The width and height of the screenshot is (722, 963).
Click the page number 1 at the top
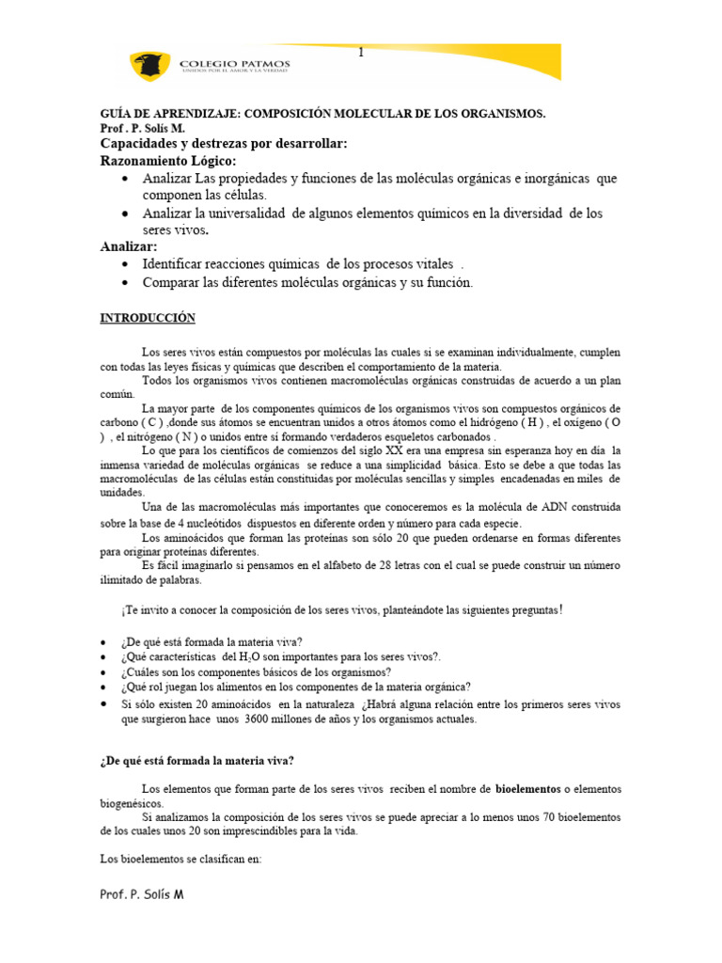tap(360, 53)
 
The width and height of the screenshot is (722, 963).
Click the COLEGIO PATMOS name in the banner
tap(234, 63)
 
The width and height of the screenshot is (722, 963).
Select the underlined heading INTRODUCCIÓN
tap(148, 319)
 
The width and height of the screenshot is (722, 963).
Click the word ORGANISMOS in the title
tap(505, 114)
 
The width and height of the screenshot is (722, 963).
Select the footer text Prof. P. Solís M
tap(142, 894)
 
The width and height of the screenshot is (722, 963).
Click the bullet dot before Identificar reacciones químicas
tap(125, 264)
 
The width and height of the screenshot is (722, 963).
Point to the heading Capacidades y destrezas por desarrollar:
tap(224, 143)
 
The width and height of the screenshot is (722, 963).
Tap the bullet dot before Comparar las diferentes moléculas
tap(125, 282)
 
